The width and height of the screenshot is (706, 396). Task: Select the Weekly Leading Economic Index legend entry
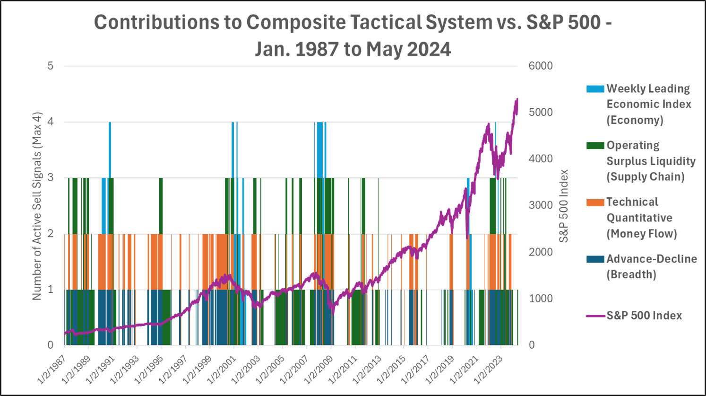[648, 104]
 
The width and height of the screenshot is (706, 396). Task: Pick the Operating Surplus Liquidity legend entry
[651, 161]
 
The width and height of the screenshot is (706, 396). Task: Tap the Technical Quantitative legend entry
[641, 218]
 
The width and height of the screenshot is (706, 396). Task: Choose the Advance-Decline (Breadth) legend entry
[651, 266]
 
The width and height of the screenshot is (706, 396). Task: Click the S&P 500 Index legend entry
[644, 316]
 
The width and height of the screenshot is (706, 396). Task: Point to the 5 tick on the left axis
[51, 66]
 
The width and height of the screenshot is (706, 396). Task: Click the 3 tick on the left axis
[51, 178]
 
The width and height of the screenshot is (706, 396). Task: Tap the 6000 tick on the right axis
[540, 66]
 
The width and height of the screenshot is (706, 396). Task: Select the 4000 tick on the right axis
[540, 159]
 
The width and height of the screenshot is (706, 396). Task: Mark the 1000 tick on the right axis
[540, 299]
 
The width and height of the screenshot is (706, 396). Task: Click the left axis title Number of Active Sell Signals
[37, 206]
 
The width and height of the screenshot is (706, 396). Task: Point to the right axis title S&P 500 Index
[564, 206]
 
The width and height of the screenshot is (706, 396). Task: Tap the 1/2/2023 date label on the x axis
[489, 370]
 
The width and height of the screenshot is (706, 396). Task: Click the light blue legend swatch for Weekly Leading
[595, 89]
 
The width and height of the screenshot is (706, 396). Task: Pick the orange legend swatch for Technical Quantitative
[595, 202]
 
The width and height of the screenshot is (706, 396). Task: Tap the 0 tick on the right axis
[532, 345]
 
